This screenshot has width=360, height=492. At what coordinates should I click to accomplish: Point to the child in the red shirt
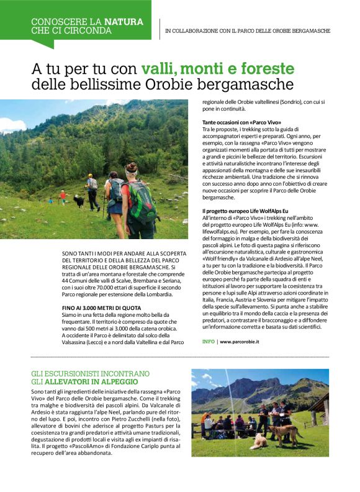(x=62, y=196)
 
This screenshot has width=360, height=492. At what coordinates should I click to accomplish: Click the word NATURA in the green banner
(x=123, y=22)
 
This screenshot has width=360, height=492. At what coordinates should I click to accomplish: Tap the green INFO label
(x=209, y=342)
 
